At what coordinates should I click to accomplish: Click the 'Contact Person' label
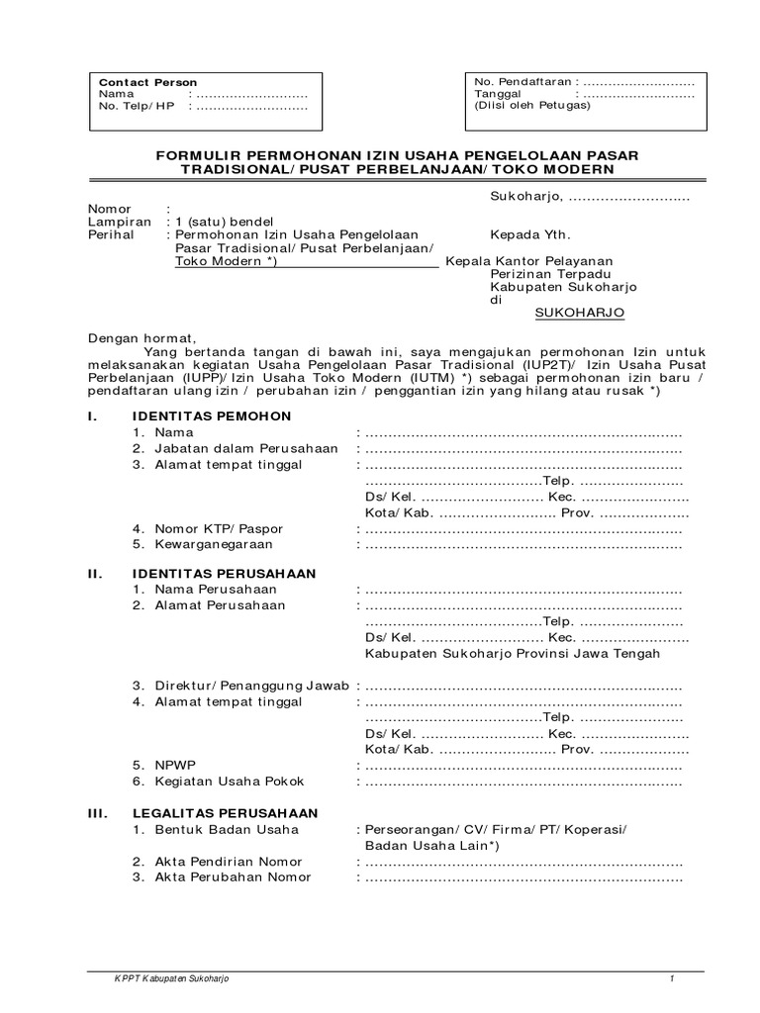pyautogui.click(x=148, y=82)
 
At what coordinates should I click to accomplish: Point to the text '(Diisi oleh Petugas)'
pyautogui.click(x=531, y=105)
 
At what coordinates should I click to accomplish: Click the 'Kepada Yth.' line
pyautogui.click(x=530, y=236)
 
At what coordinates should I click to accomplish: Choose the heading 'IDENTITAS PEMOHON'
pyautogui.click(x=212, y=415)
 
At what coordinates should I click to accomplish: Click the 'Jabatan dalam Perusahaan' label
pyautogui.click(x=245, y=449)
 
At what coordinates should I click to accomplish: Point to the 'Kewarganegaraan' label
pyautogui.click(x=213, y=544)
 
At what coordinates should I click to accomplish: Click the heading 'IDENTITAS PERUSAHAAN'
pyautogui.click(x=225, y=573)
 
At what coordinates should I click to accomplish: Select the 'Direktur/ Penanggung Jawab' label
pyautogui.click(x=251, y=686)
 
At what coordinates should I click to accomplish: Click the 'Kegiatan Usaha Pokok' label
pyautogui.click(x=226, y=782)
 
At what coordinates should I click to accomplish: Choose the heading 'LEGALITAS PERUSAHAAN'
pyautogui.click(x=226, y=812)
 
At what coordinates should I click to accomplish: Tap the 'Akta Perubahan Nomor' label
pyautogui.click(x=233, y=876)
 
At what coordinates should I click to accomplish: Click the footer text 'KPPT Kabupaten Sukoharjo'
pyautogui.click(x=172, y=978)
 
